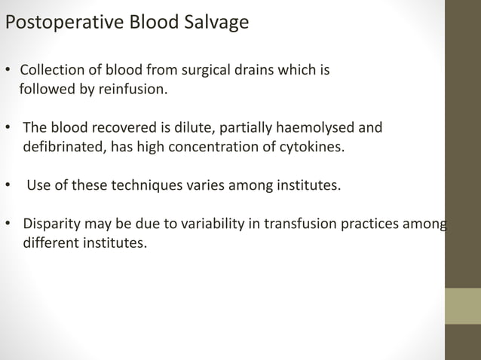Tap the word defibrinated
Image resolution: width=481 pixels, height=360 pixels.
click(63, 145)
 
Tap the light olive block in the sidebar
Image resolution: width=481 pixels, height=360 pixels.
click(463, 306)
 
